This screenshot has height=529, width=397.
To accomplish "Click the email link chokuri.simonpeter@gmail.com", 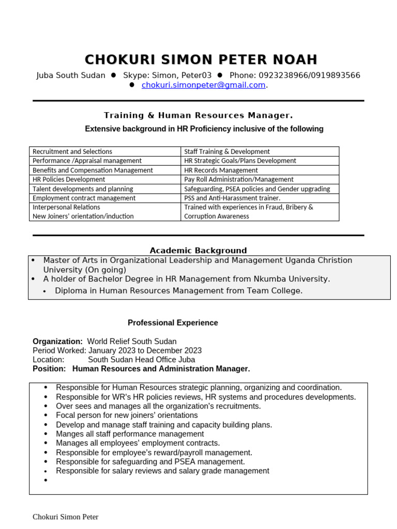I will pos(203,85).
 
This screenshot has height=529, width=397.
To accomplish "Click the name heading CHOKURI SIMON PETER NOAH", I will pos(201,59).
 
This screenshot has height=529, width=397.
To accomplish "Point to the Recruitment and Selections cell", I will pos(72,151).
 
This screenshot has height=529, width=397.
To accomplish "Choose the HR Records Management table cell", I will pos(221,170).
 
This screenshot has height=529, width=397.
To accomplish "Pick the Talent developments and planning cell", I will pos(83,189).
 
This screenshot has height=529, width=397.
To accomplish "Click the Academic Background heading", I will pos(198,251).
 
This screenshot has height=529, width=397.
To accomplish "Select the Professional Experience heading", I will pos(173,323).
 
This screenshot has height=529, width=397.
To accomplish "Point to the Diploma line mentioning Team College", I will pos(178,291).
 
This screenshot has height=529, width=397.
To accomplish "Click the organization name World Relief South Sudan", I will pos(132,341).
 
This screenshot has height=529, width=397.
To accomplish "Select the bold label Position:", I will pos(49,369).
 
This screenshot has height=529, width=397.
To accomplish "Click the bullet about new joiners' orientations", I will pos(127,415).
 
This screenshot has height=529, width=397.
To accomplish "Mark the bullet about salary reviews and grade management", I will pos(162,471).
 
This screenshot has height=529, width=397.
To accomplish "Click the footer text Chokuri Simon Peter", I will pos(66,517).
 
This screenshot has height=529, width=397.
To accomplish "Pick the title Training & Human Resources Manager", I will pos(198,115).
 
